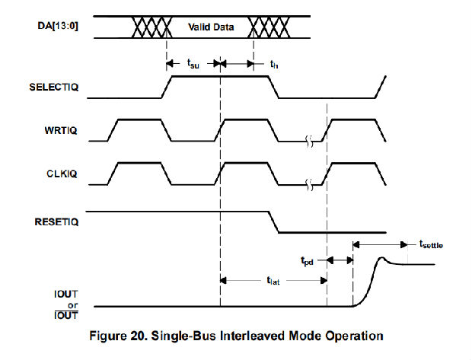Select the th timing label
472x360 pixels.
(x=274, y=65)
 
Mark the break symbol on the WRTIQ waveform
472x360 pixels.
(x=308, y=141)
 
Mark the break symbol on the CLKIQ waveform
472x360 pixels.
(x=308, y=184)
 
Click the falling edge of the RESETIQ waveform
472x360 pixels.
(x=273, y=221)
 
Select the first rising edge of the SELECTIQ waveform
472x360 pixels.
(x=165, y=87)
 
